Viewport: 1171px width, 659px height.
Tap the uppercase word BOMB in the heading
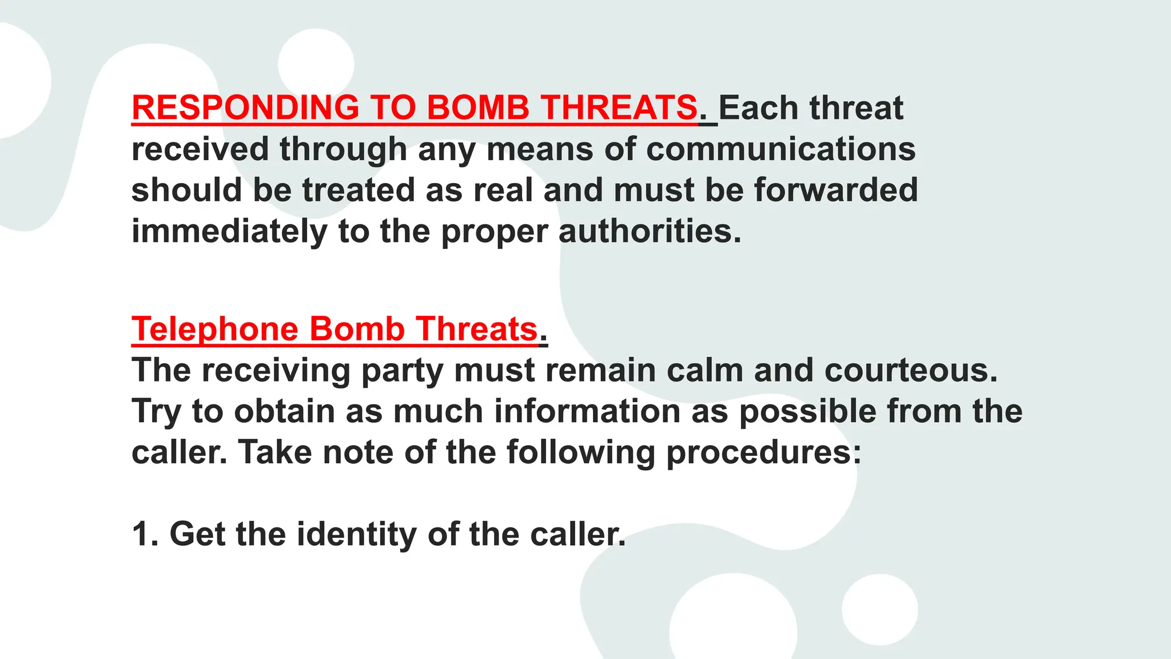tap(477, 108)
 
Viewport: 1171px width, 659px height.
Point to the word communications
tap(781, 149)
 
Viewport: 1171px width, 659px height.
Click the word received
tap(200, 149)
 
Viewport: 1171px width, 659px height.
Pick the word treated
tap(359, 190)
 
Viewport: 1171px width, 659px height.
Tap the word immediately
tap(229, 231)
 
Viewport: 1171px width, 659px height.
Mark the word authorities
tap(650, 231)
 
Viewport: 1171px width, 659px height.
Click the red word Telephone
tap(215, 329)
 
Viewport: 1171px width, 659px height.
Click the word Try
tap(156, 411)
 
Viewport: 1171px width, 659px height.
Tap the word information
tap(587, 411)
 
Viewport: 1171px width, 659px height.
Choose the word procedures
tap(764, 452)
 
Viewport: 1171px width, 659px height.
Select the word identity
tap(357, 534)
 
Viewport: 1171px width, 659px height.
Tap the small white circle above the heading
tap(316, 64)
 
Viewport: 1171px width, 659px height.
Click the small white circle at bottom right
tap(879, 609)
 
